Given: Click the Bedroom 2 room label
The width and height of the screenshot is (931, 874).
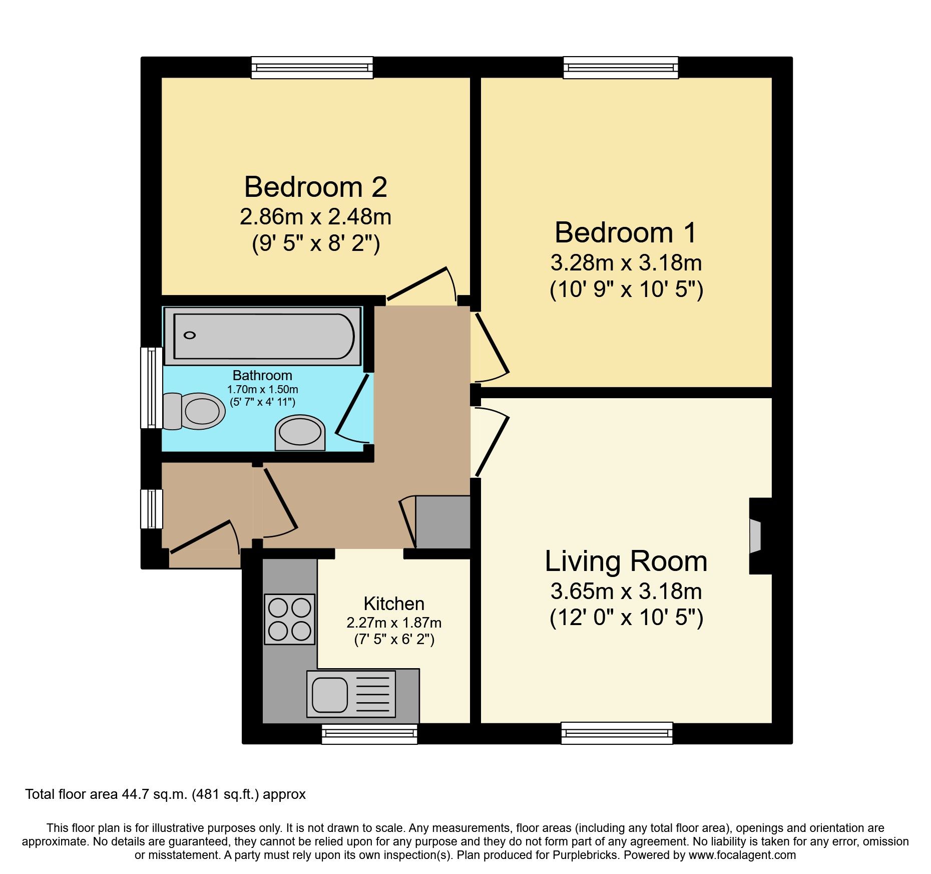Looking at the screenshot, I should click(x=315, y=187).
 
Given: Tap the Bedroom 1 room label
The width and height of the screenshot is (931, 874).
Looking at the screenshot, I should click(x=626, y=233).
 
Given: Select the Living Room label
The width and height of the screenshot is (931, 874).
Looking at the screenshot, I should click(x=626, y=561).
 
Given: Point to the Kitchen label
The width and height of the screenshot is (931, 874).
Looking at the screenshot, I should click(x=394, y=604).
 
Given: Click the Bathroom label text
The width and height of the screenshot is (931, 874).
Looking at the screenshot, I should click(x=262, y=375).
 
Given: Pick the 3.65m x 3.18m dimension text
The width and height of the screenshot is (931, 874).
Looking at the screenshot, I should click(x=626, y=592).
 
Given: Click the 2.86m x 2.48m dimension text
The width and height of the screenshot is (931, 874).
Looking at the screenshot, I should click(x=315, y=217).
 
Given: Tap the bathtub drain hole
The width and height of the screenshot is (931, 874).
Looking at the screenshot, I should click(x=190, y=335).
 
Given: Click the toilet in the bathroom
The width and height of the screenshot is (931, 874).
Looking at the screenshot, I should click(x=195, y=411).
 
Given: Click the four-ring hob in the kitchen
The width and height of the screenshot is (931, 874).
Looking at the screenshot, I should click(x=289, y=619).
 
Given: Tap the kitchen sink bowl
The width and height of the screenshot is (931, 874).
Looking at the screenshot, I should click(x=330, y=694).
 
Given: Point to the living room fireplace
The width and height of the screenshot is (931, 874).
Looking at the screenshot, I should click(x=756, y=536).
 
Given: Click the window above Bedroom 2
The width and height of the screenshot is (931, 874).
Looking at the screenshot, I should click(x=312, y=67).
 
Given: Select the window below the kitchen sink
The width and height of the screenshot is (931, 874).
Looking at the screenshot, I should click(x=369, y=734).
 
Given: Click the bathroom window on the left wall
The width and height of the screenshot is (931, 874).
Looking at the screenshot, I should click(x=151, y=388).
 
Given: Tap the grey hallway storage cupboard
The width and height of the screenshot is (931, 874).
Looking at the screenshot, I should click(x=443, y=522).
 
